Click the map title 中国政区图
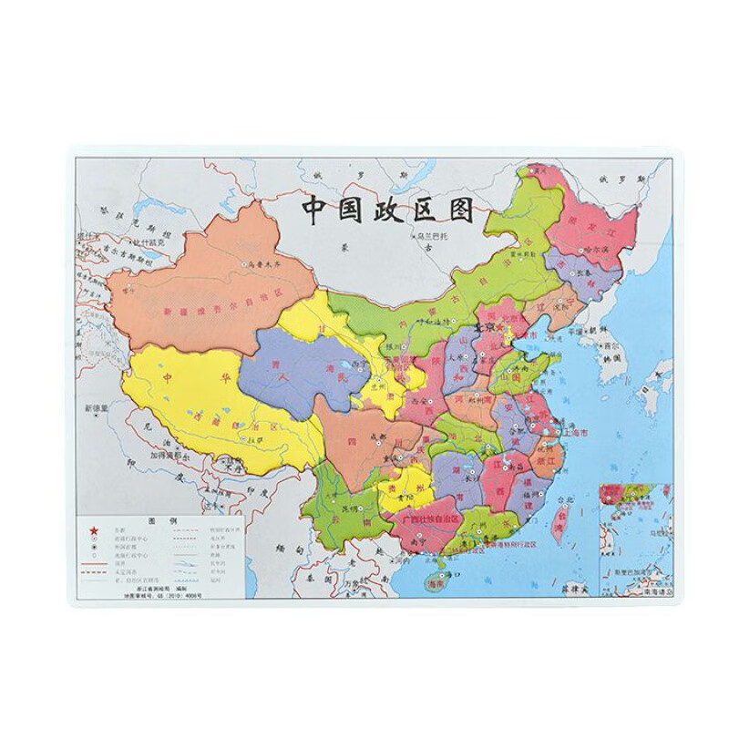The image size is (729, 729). pos(388,210)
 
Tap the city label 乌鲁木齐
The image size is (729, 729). pos(266,263)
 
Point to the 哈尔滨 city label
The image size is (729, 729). pos(595,249)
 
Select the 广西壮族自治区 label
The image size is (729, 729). pos(434,519)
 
